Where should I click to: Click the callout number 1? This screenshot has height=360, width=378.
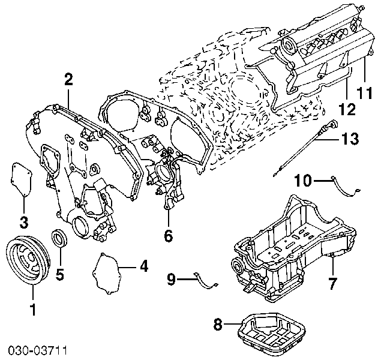point(33,310)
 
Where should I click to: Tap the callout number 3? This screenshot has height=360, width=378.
point(23,223)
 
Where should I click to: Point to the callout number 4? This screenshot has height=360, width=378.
point(143,266)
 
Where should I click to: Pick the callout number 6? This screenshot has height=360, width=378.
point(168,236)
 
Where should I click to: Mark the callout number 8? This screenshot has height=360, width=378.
point(218,325)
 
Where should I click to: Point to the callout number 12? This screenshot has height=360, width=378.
point(346,109)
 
